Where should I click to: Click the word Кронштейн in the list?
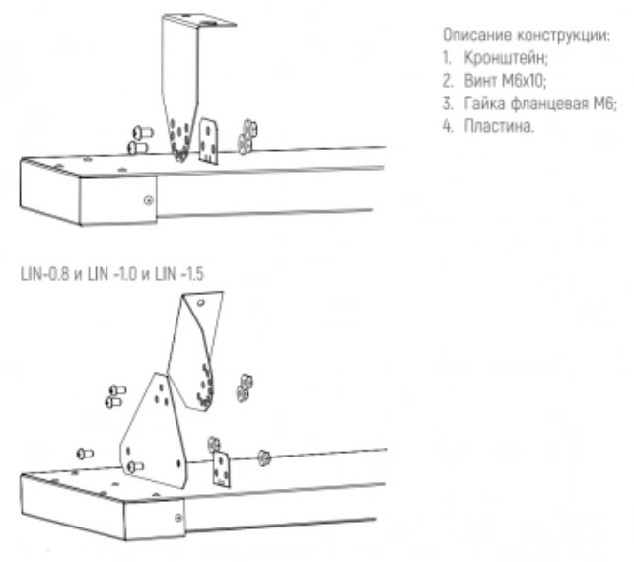pyautogui.click(x=506, y=58)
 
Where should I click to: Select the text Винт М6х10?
pyautogui.click(x=505, y=81)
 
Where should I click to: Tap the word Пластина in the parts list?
pyautogui.click(x=499, y=126)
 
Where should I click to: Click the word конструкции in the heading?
pyautogui.click(x=563, y=35)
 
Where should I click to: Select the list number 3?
pyautogui.click(x=448, y=104)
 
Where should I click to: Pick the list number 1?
pyautogui.click(x=447, y=58)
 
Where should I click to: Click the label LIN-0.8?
pyautogui.click(x=45, y=274)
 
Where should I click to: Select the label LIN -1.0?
pyautogui.click(x=112, y=274)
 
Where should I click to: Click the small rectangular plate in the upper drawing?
pyautogui.click(x=209, y=141)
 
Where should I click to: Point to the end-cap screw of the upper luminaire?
pyautogui.click(x=149, y=200)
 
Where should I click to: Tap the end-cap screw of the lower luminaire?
pyautogui.click(x=178, y=517)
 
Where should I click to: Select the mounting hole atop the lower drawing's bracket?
pyautogui.click(x=200, y=302)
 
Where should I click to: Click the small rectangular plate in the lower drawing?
pyautogui.click(x=221, y=470)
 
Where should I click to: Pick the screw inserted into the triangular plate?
pyautogui.click(x=135, y=467)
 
